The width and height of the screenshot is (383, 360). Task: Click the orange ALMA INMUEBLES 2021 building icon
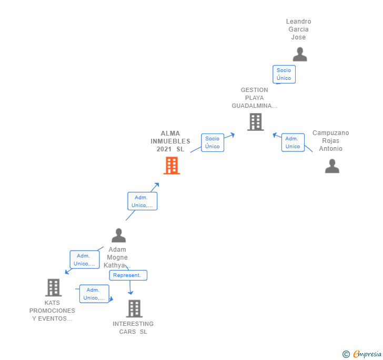(172, 166)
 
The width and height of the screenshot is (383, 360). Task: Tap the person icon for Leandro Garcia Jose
(299, 55)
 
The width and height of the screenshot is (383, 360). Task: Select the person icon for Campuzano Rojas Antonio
(332, 166)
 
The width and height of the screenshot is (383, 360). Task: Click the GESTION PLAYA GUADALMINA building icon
(256, 122)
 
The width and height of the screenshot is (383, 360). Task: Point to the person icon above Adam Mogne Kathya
(119, 235)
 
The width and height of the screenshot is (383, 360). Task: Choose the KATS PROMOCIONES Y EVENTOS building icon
(53, 287)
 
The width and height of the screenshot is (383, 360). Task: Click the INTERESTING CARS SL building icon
(134, 308)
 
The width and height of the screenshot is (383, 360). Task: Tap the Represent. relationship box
(128, 275)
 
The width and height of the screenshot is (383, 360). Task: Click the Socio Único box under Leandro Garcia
(284, 74)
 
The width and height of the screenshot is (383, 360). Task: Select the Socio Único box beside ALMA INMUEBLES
(213, 142)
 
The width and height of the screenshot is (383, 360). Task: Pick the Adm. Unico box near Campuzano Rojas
(293, 142)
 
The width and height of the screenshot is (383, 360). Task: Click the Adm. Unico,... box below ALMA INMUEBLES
(142, 201)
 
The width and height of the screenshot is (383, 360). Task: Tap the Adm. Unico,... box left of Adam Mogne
(84, 260)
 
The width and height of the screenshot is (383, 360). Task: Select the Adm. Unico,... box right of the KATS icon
(94, 294)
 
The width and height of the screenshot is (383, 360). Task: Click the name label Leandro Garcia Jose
(298, 29)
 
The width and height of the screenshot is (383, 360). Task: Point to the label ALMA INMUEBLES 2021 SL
(170, 141)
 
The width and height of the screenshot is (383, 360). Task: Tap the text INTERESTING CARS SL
(133, 327)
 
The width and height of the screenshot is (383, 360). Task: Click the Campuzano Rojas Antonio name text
(330, 141)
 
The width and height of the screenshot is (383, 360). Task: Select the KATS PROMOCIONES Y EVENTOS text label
(52, 311)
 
